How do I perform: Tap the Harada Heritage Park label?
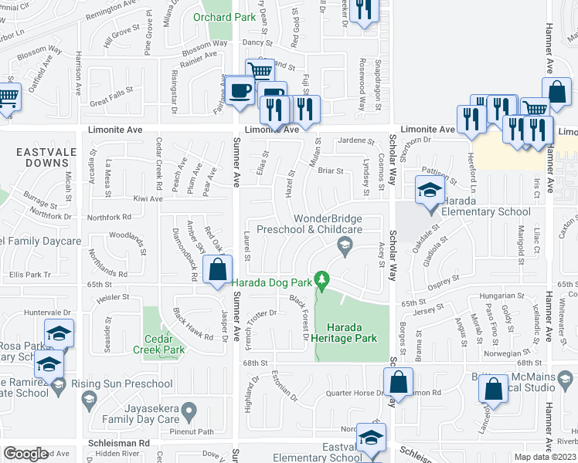coord(352,333)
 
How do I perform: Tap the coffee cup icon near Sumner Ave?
coord(239,90)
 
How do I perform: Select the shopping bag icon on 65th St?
coord(218,271)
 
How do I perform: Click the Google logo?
coord(25,454)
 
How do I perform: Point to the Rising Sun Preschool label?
coord(121,384)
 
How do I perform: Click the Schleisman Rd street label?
coord(117,444)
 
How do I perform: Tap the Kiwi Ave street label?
coord(148,199)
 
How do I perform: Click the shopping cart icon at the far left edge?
coord(6,98)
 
